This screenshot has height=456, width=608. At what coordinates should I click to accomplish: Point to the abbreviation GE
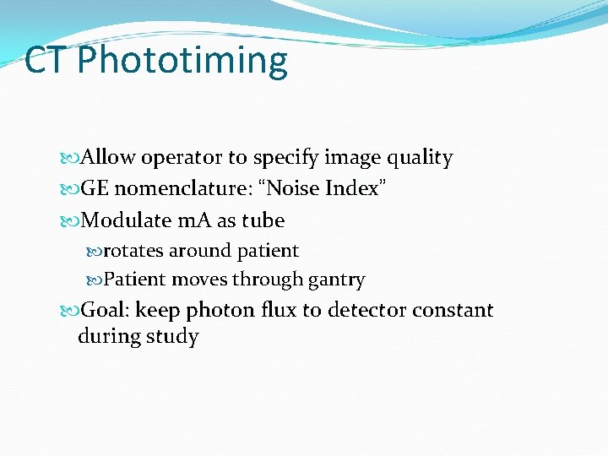pyautogui.click(x=95, y=188)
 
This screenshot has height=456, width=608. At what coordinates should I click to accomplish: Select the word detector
pyautogui.click(x=356, y=310)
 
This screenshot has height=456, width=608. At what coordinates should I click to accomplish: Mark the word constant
pyautogui.click(x=452, y=310)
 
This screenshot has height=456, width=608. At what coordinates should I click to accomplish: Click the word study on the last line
pyautogui.click(x=171, y=337)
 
